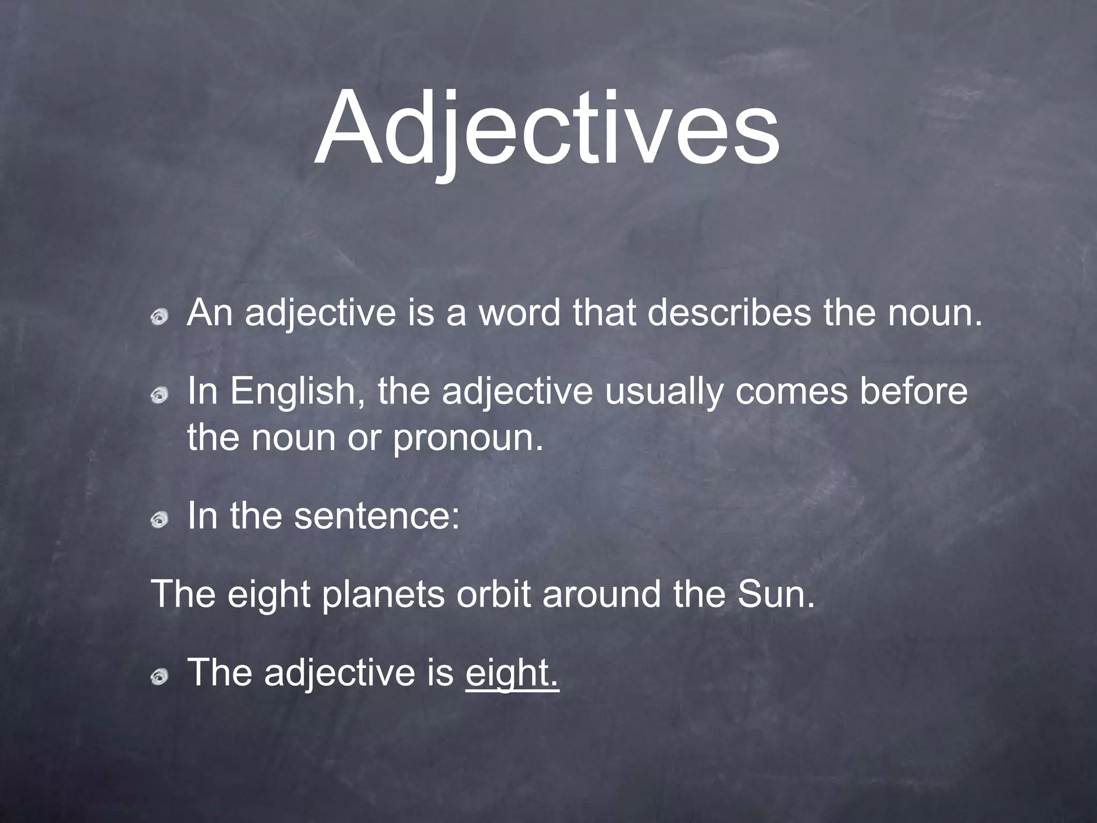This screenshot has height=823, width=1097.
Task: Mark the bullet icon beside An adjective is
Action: (x=159, y=318)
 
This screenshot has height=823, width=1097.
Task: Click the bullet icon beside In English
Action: (x=159, y=396)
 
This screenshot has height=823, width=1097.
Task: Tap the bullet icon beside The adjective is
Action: (x=159, y=678)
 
